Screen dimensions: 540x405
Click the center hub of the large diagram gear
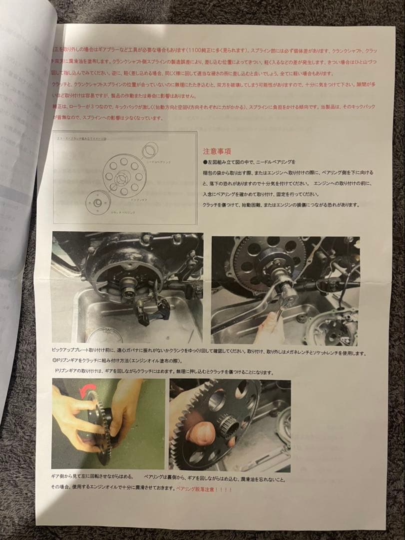122,177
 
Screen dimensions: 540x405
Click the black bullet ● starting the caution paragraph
205,162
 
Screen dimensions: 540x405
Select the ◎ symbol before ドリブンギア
54,361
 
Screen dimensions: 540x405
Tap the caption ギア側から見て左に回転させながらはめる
92,477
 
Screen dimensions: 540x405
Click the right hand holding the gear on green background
125,410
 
